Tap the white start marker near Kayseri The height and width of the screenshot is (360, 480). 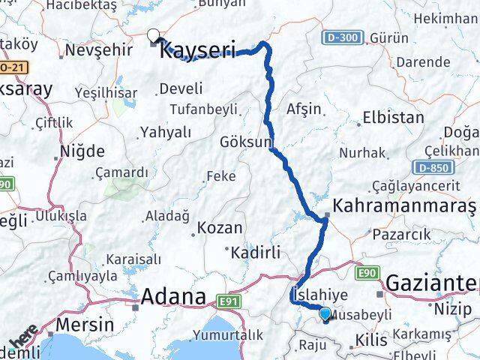pos(154,34)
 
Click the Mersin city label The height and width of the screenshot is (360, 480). pos(88,325)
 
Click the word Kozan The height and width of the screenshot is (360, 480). pos(218,227)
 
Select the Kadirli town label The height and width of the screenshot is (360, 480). pos(256,251)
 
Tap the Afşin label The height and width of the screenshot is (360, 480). pos(303,108)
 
